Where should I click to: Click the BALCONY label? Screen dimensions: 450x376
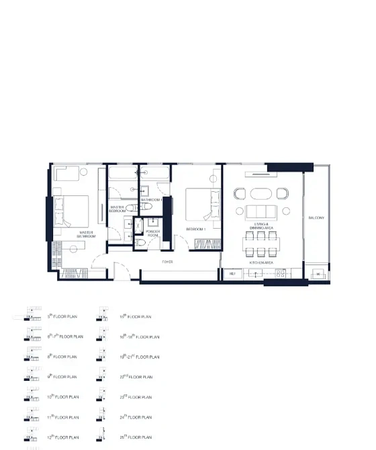click(x=316, y=218)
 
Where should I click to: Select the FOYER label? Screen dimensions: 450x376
click(x=168, y=262)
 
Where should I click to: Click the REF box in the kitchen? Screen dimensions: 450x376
click(x=232, y=274)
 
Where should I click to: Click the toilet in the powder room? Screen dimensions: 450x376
click(x=140, y=241)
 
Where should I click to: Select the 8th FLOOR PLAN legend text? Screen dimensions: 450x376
click(x=63, y=357)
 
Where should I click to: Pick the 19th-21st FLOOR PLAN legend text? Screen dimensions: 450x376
click(x=140, y=357)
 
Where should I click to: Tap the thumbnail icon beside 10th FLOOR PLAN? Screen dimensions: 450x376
click(x=31, y=396)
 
